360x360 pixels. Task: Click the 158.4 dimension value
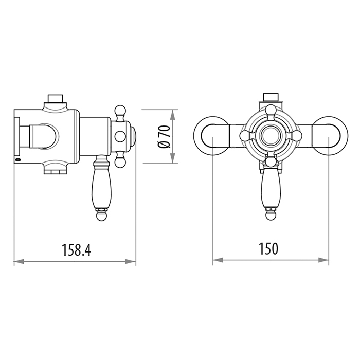coord(76,249)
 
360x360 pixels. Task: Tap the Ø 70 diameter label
coord(164,137)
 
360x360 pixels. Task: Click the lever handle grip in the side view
coord(100,188)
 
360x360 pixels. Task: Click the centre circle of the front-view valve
coord(271,136)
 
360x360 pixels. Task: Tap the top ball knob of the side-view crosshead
coord(121,110)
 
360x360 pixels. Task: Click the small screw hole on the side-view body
coord(19,161)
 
